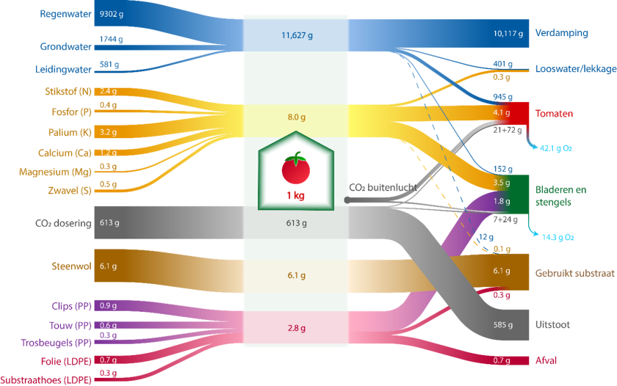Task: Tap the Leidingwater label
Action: [x=62, y=70]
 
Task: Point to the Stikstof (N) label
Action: [x=62, y=92]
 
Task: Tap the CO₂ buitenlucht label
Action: [x=382, y=187]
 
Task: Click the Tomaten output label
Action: [x=555, y=114]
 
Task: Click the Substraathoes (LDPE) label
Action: [x=46, y=380]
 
